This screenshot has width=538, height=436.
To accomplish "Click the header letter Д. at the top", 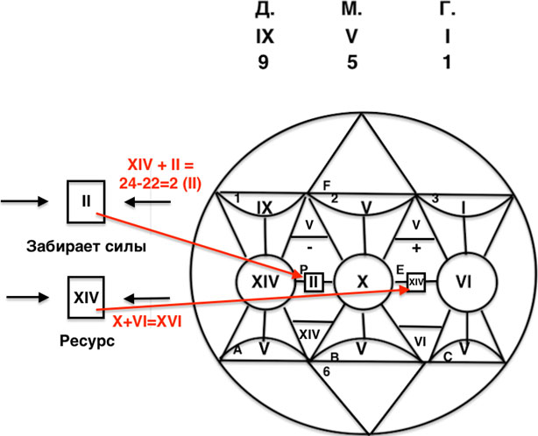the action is click(x=265, y=11).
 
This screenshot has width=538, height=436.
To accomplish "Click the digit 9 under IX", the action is click(x=264, y=63).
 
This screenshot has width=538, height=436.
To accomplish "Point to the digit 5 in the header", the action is click(x=352, y=63).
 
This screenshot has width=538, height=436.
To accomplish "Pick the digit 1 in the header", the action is click(x=446, y=63).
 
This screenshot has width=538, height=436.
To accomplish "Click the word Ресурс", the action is click(x=87, y=341).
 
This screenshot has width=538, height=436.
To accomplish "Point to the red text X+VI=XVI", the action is click(x=147, y=322).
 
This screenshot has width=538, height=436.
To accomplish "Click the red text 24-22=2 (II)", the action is click(x=159, y=184).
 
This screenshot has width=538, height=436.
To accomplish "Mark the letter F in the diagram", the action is click(x=327, y=186).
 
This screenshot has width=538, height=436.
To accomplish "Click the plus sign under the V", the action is click(x=416, y=248).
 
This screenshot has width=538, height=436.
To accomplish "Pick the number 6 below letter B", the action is click(x=326, y=371).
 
